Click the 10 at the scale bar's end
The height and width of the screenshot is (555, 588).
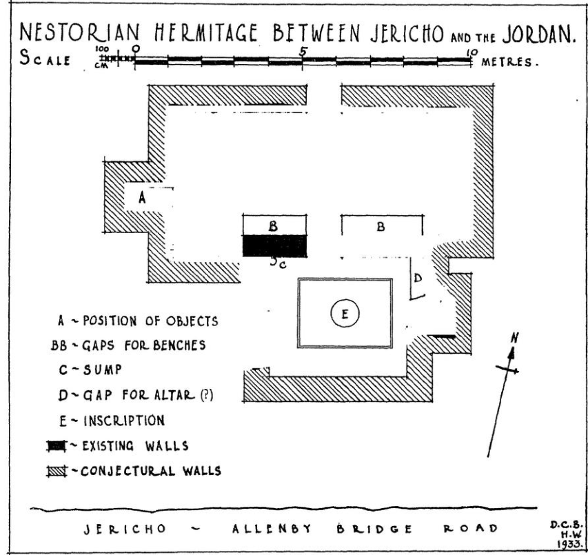(x=472, y=52)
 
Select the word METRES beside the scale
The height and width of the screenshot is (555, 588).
(x=510, y=62)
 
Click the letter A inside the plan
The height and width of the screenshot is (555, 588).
(x=142, y=197)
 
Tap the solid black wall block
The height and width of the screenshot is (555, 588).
(x=274, y=245)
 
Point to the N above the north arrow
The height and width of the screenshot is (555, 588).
(x=514, y=338)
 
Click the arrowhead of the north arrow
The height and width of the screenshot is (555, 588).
(x=512, y=353)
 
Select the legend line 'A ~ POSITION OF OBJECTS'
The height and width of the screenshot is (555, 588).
(x=138, y=321)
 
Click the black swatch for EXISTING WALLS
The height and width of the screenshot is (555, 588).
(x=54, y=446)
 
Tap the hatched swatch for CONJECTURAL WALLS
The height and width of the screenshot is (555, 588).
(x=54, y=472)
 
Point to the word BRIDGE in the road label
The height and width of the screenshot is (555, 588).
(x=376, y=529)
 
